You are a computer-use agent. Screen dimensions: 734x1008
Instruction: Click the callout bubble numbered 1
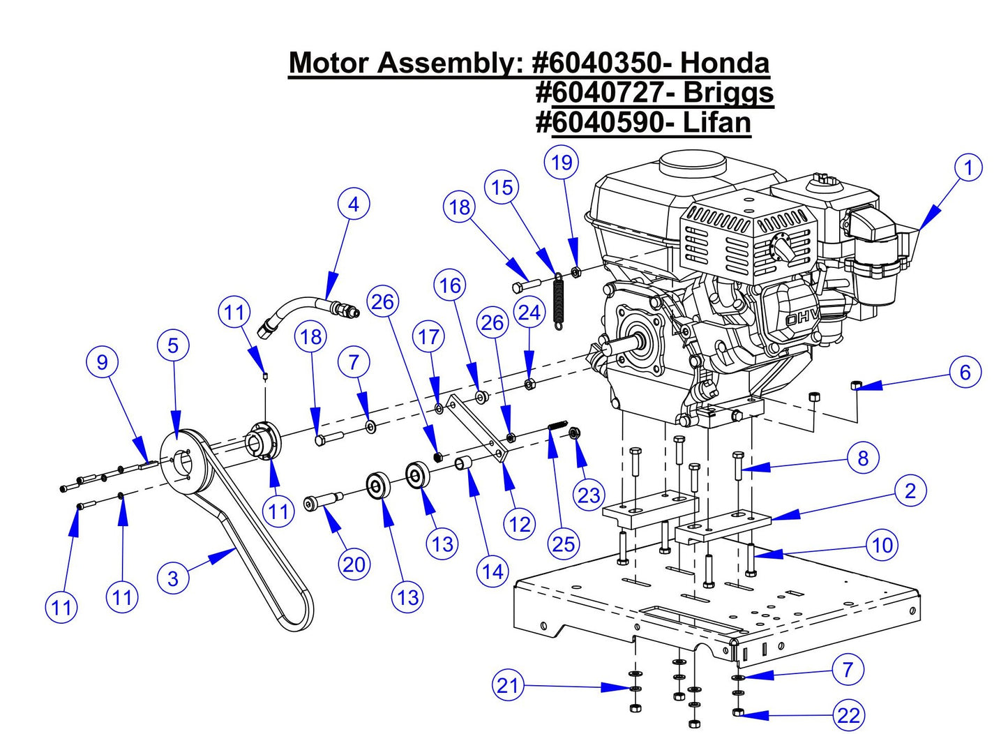[x=968, y=167]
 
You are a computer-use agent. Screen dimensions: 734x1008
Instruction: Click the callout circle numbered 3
[x=173, y=578]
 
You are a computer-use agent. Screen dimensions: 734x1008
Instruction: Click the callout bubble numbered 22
[x=848, y=715]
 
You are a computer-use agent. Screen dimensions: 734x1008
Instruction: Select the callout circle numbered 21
[x=508, y=685]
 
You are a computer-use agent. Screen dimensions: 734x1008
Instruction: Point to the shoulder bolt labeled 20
[x=322, y=501]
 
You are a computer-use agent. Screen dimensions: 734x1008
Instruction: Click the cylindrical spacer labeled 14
[x=465, y=463]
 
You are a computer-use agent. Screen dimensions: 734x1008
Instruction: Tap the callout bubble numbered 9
[x=103, y=361]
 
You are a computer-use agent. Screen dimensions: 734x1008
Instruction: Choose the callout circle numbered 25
[x=563, y=544]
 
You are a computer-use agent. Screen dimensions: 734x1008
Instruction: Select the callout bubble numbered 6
[x=965, y=372]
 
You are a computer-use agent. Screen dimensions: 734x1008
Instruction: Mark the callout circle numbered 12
[x=520, y=524]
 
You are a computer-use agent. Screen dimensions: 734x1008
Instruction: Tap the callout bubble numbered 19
[x=562, y=163]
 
